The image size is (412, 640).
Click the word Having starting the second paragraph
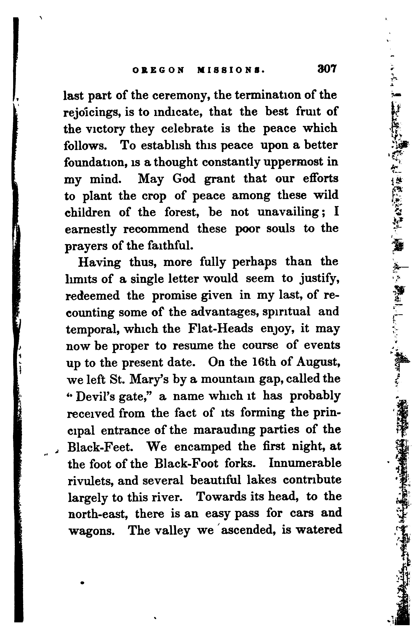(99, 262)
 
